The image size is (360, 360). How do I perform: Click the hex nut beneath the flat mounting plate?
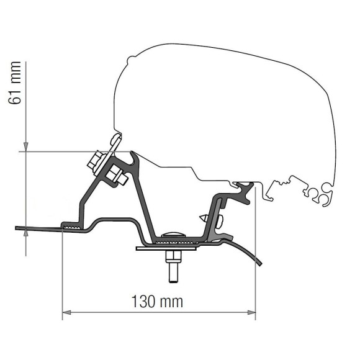(172, 255)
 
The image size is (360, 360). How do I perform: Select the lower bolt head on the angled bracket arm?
(117, 178)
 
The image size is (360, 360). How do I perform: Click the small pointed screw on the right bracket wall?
(204, 219)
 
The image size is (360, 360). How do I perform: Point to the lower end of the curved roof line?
(261, 266)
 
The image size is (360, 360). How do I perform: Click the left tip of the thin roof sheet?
(17, 228)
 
